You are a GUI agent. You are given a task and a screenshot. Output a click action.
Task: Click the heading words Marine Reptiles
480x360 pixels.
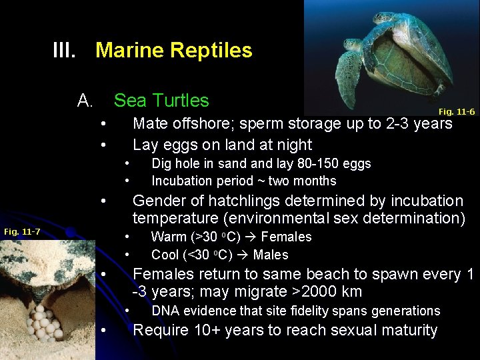pyautogui.click(x=174, y=50)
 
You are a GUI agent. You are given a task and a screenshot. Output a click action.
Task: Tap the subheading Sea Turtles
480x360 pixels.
pyautogui.click(x=161, y=101)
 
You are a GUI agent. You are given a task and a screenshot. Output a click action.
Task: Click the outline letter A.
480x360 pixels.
pyautogui.click(x=85, y=101)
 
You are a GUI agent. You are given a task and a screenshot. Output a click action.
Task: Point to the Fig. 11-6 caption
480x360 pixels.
pyautogui.click(x=456, y=111)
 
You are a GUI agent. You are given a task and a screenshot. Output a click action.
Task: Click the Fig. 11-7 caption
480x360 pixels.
pyautogui.click(x=22, y=231)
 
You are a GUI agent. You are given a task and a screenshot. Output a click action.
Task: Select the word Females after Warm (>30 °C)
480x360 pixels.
pyautogui.click(x=286, y=237)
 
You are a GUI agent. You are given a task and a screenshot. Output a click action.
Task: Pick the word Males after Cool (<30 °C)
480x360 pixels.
pyautogui.click(x=271, y=255)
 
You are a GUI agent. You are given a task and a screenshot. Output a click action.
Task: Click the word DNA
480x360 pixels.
pyautogui.click(x=164, y=311)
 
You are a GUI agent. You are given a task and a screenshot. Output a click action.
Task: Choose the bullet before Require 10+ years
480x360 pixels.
pyautogui.click(x=103, y=331)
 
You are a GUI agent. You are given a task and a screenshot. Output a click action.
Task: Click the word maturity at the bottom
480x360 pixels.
pyautogui.click(x=406, y=331)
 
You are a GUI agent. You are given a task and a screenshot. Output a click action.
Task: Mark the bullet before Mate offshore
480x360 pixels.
pyautogui.click(x=103, y=123)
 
